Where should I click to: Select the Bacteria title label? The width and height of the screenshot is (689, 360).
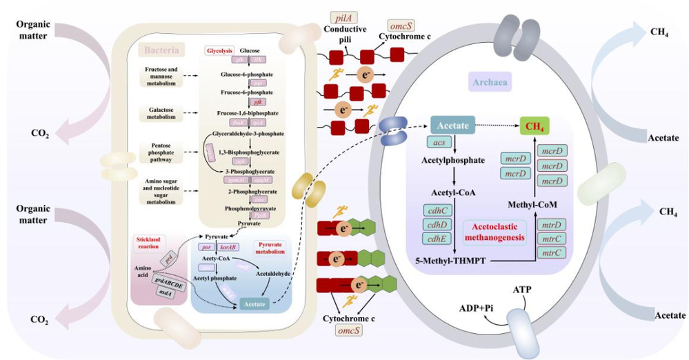click(162, 50)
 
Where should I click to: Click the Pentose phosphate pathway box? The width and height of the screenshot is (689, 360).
click(159, 152)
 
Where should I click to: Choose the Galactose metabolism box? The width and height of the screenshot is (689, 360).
click(159, 112)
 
